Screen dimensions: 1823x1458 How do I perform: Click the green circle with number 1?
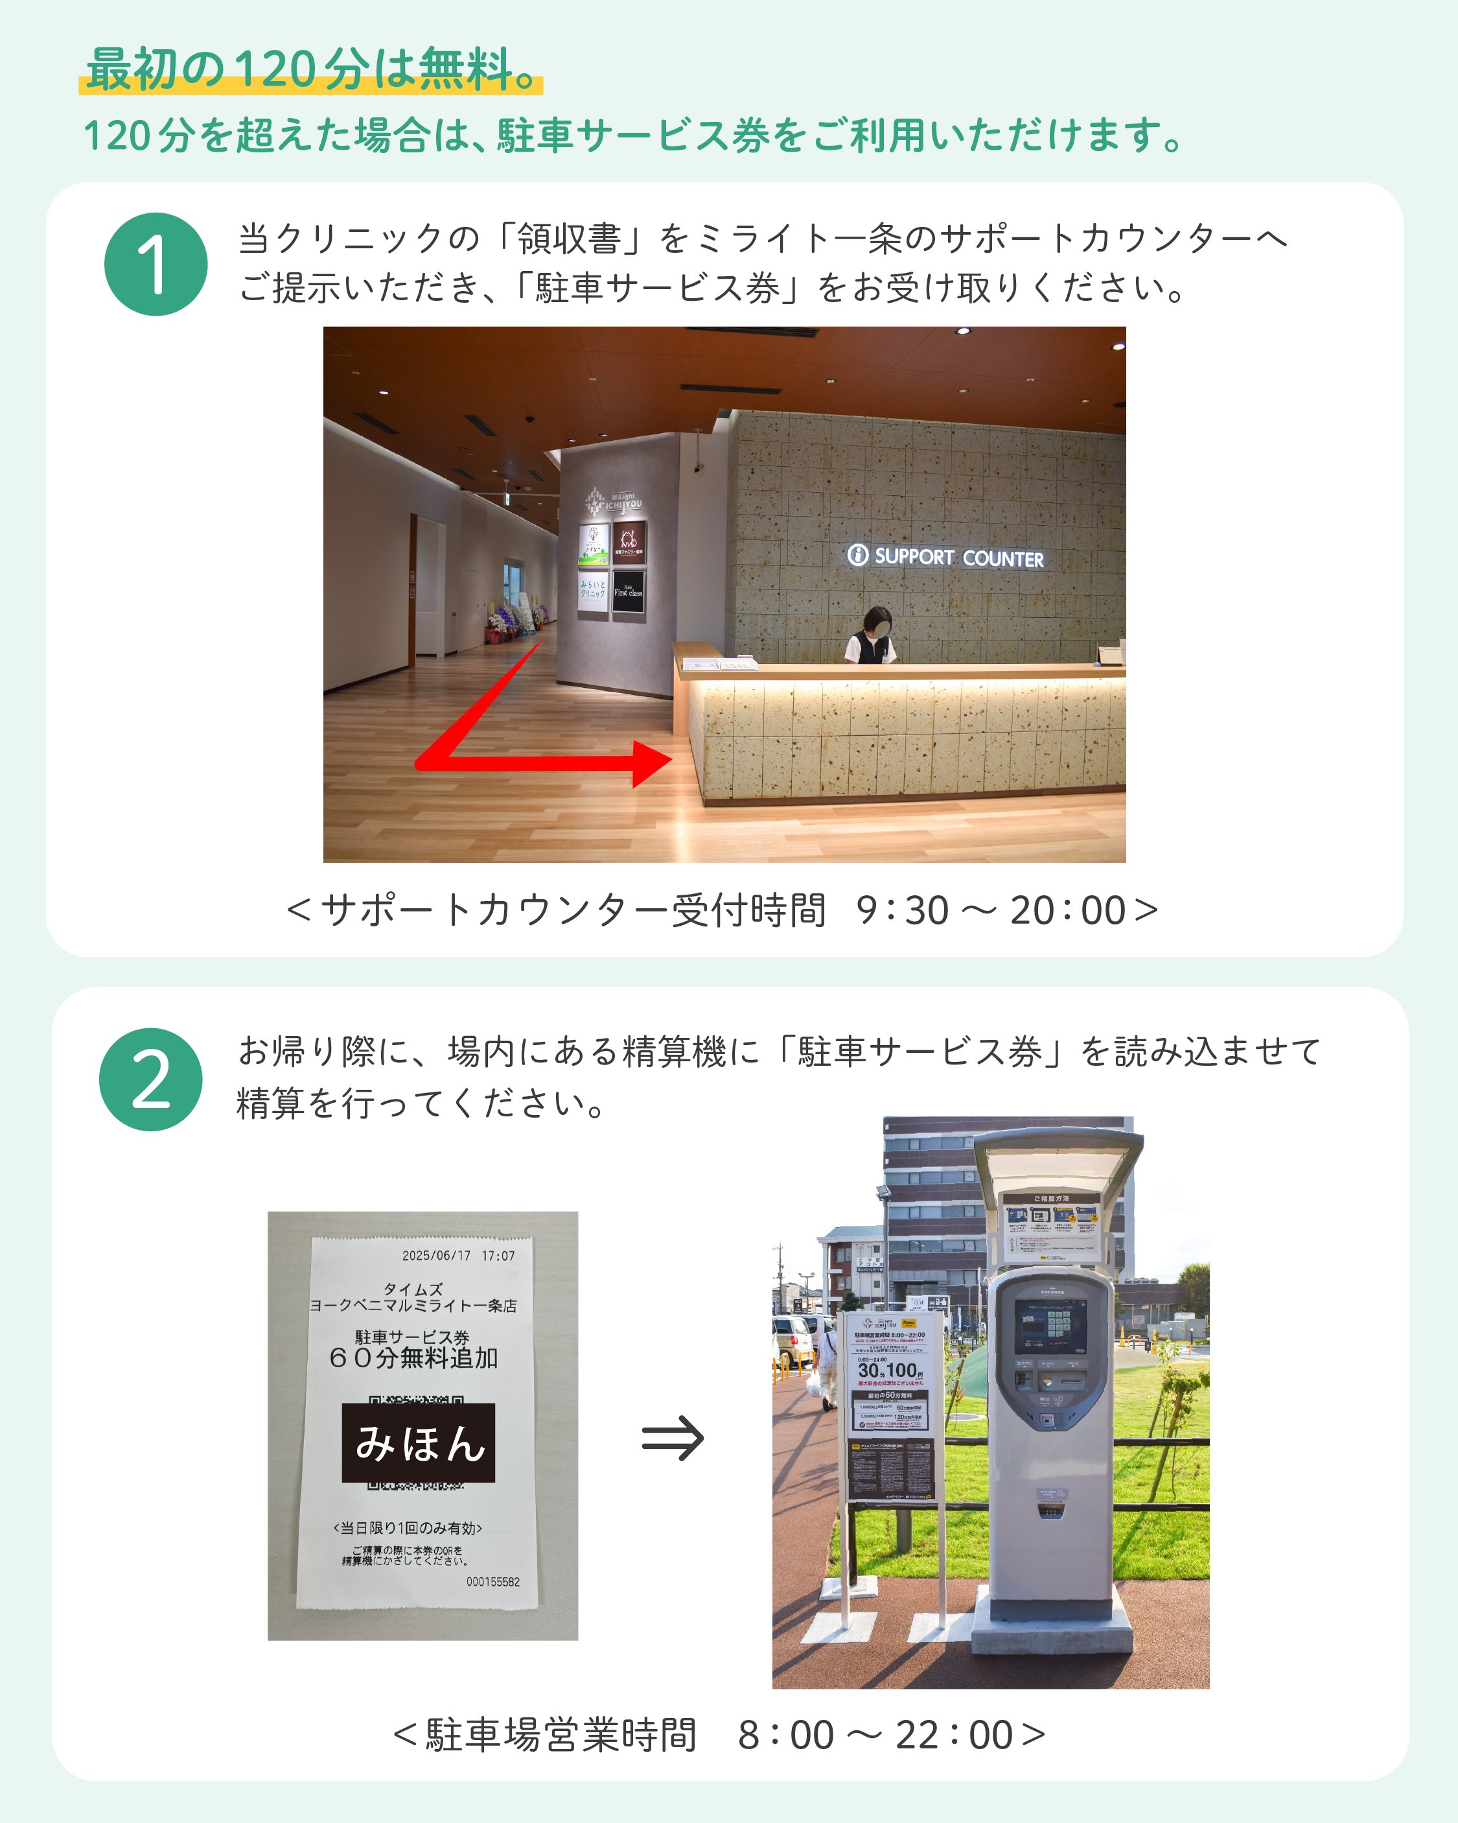(156, 264)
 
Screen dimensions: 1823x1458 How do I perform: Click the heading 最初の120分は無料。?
(311, 69)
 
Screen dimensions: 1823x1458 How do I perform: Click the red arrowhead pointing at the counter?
(651, 764)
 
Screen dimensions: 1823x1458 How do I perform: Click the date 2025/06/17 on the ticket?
(436, 1256)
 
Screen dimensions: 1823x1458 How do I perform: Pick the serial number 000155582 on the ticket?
(492, 1581)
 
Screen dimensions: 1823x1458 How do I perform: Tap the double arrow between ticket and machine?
(672, 1439)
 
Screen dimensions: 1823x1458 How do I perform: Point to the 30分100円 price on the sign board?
(890, 1370)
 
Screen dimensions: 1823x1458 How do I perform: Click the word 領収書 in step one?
(569, 239)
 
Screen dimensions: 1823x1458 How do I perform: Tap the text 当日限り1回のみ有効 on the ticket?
(408, 1528)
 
